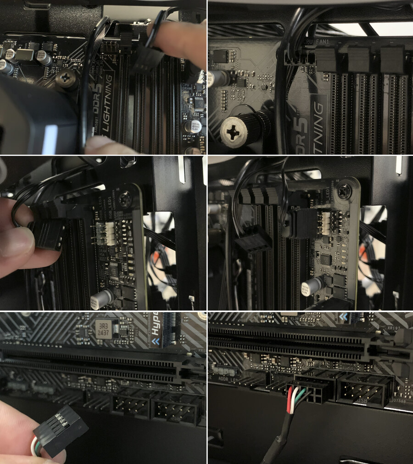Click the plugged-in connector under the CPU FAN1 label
tap(298, 59)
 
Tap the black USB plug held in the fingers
tap(61, 430)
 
